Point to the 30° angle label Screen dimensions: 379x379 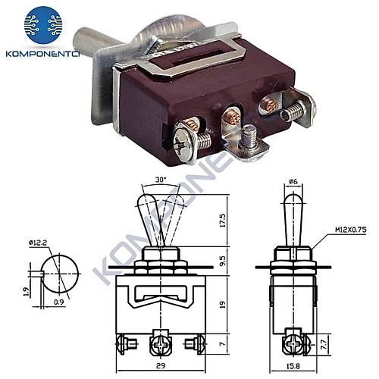tap(161, 180)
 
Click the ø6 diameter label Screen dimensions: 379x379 tap(292, 180)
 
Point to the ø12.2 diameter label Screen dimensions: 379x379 tap(40, 243)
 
